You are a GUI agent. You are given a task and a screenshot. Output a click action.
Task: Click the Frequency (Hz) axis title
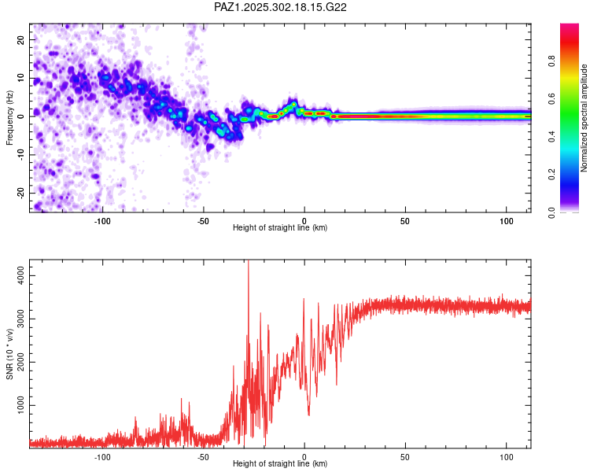click(x=9, y=117)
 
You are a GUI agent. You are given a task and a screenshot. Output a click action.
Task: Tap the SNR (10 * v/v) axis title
click(x=9, y=354)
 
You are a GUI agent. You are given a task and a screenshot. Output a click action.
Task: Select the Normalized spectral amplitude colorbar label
click(x=584, y=118)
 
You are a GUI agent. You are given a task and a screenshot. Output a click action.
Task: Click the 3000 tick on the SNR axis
click(x=18, y=319)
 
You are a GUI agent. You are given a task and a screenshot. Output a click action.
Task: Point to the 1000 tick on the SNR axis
click(x=18, y=406)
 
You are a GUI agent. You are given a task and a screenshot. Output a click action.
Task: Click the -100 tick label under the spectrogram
click(x=102, y=220)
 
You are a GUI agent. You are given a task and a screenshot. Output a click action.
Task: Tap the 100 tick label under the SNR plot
click(x=505, y=456)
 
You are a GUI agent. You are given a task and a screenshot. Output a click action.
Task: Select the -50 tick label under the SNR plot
click(x=203, y=456)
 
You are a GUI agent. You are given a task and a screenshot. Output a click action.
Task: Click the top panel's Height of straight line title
click(x=280, y=228)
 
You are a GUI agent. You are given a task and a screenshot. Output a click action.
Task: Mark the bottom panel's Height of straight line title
click(x=280, y=464)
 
